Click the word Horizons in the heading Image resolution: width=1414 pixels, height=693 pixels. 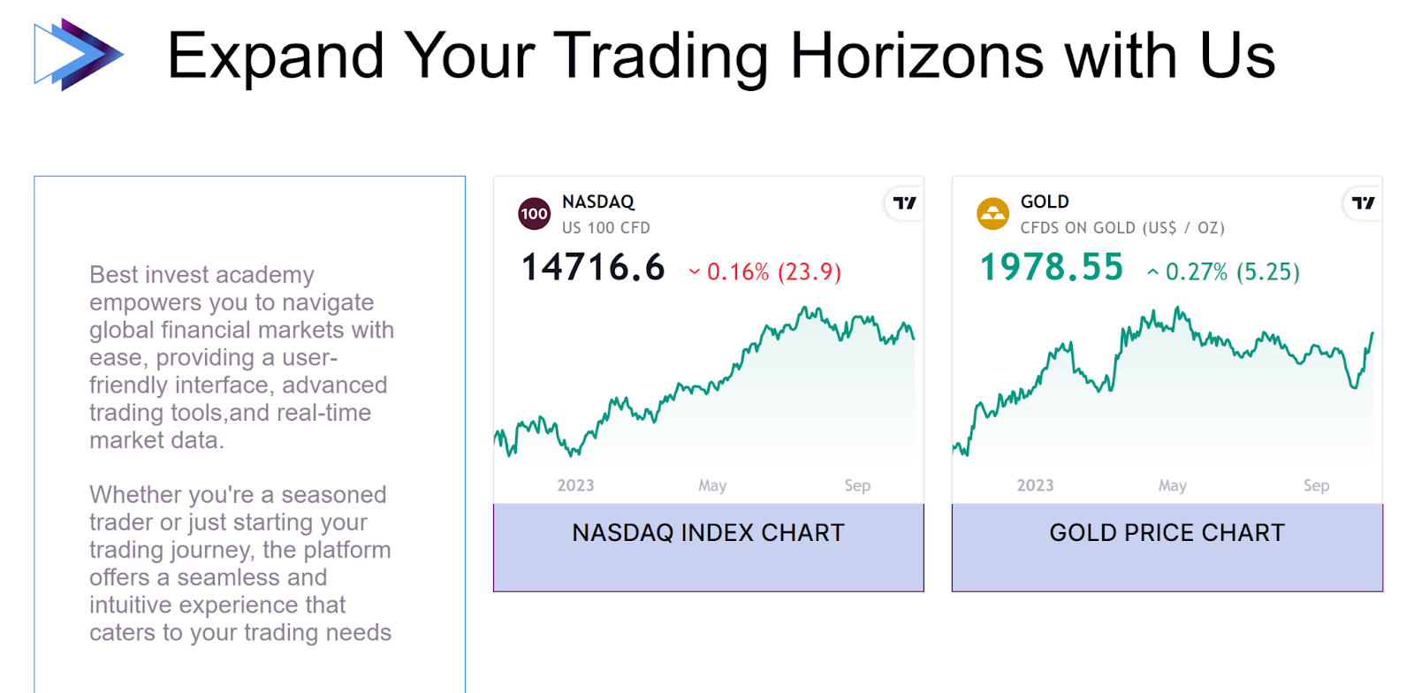(917, 56)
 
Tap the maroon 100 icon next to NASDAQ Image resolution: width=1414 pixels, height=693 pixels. (534, 214)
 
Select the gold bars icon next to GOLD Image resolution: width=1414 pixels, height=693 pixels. (993, 214)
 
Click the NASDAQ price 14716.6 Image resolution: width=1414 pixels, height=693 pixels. (593, 268)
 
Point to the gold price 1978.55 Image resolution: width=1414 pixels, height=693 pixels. (1052, 268)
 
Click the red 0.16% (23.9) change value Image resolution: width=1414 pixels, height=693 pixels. (774, 272)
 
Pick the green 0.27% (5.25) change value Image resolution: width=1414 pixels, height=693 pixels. (1233, 272)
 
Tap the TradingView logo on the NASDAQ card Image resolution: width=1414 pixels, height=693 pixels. (905, 203)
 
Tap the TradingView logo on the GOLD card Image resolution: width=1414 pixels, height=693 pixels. (1364, 203)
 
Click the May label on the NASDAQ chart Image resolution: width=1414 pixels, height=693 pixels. (712, 485)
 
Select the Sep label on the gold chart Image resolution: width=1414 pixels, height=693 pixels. (1317, 485)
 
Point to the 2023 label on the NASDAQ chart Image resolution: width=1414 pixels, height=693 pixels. (575, 485)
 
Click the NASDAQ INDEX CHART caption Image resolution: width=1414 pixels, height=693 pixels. (708, 533)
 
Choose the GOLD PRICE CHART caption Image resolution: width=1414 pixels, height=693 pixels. (1167, 533)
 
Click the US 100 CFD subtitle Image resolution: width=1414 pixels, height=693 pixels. (606, 228)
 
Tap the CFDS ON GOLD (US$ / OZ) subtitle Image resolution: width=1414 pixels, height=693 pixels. (1122, 228)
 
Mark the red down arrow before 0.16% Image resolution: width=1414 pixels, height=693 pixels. (695, 272)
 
